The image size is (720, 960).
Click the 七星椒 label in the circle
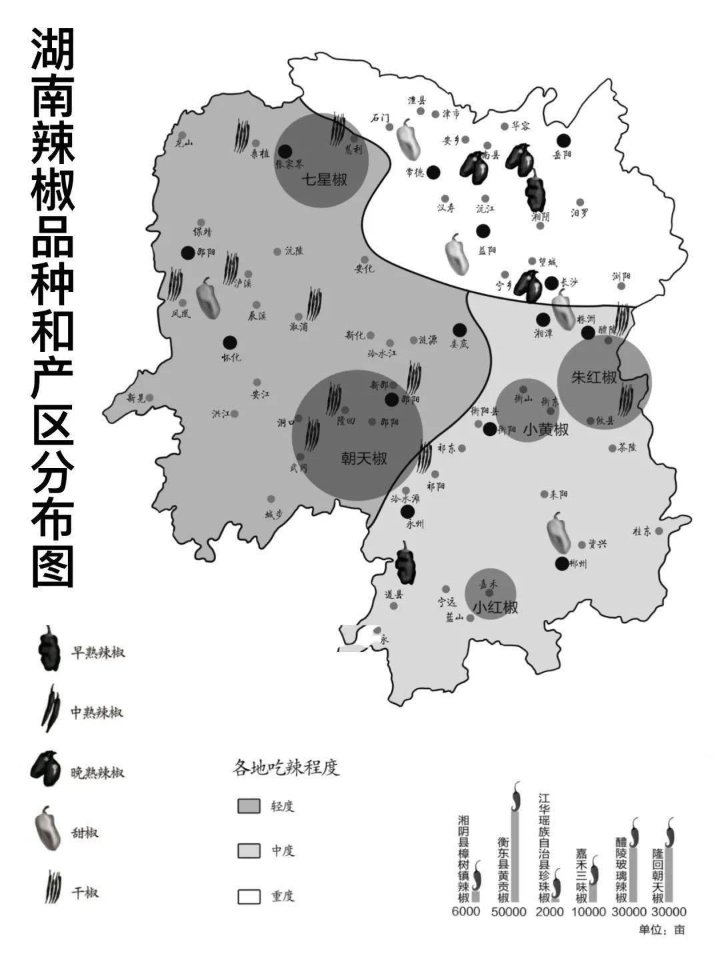click(x=325, y=179)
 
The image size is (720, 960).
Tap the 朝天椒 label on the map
click(x=363, y=459)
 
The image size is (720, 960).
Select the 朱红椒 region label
click(x=594, y=377)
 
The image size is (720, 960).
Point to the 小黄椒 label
click(x=545, y=430)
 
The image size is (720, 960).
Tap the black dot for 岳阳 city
click(x=564, y=140)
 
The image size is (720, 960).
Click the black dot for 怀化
click(x=230, y=342)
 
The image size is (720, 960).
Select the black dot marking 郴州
click(x=562, y=563)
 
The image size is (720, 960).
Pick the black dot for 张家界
click(x=285, y=152)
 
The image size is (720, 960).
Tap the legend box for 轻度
click(x=248, y=806)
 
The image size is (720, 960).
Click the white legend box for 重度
click(x=248, y=896)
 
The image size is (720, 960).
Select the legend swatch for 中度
click(x=248, y=851)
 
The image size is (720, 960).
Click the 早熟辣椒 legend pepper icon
click(x=49, y=649)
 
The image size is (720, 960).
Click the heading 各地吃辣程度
click(x=286, y=767)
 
